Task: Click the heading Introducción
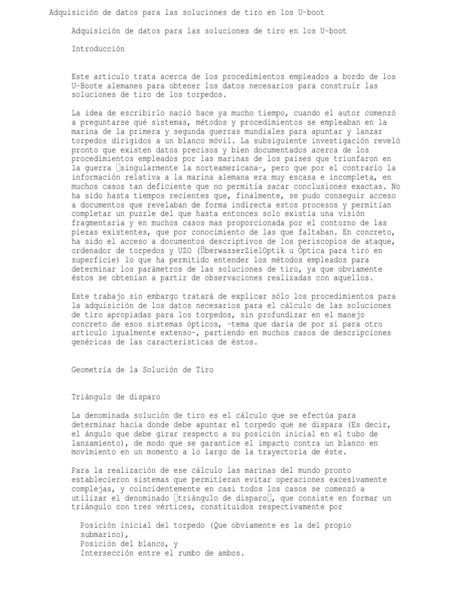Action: click(x=98, y=49)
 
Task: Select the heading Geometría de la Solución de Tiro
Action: click(x=142, y=370)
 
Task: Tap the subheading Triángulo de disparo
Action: click(x=116, y=397)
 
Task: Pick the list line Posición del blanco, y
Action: click(x=128, y=544)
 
